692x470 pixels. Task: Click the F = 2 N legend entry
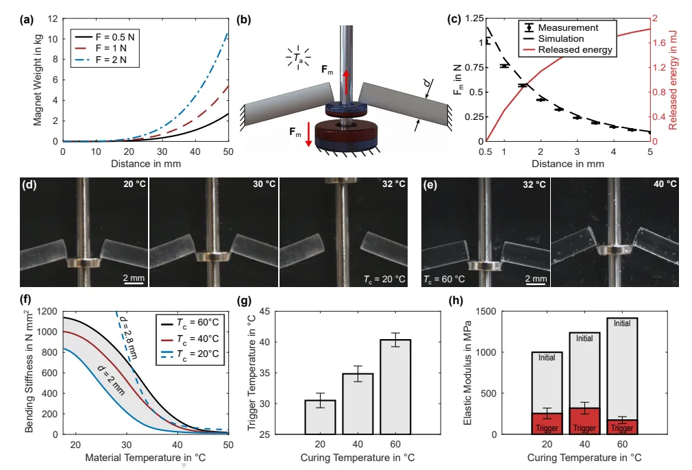coord(105,60)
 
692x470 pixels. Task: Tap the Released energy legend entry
coord(567,50)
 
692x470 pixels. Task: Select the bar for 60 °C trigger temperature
coord(395,387)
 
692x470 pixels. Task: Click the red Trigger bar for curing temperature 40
coord(584,421)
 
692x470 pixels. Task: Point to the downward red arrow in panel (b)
coord(308,134)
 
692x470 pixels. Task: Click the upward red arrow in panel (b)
coord(347,83)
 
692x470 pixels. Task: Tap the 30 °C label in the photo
coord(264,184)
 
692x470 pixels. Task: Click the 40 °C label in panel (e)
coord(665,184)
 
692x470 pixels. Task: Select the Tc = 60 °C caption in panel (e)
coord(444,279)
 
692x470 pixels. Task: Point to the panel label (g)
coord(244,301)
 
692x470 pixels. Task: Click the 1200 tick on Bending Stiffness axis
coord(47,312)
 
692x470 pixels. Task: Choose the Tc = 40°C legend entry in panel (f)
coord(190,339)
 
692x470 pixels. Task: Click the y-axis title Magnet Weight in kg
coord(38,80)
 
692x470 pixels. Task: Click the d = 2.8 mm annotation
coord(129,338)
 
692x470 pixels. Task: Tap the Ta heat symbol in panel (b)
coord(298,58)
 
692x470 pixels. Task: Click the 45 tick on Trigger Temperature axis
coord(264,312)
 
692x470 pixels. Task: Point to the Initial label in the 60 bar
coord(622,323)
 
